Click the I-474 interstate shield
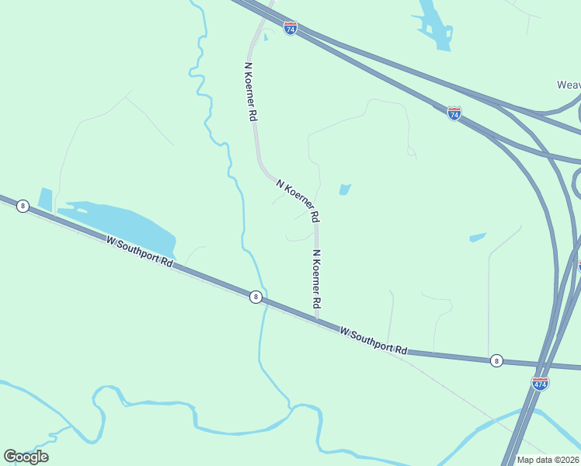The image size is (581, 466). [x=540, y=383]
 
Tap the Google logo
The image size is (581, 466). [x=26, y=456]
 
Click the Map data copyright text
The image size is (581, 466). [x=548, y=460]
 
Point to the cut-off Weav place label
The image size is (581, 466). [x=569, y=85]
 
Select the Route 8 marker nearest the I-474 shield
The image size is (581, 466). [x=496, y=360]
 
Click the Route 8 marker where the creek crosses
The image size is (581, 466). [x=255, y=297]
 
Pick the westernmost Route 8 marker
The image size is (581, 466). [x=23, y=206]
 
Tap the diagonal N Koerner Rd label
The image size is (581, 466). [x=297, y=198]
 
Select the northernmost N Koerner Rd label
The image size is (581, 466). [x=250, y=92]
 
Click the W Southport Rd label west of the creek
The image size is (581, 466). [x=140, y=252]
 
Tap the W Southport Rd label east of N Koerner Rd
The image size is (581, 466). [x=374, y=341]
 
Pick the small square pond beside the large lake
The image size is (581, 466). [x=45, y=199]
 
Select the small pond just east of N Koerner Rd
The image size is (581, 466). [x=344, y=189]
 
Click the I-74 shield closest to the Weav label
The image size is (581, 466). [x=454, y=113]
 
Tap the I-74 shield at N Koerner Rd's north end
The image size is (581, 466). [x=290, y=29]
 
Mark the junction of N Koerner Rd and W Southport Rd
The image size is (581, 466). [x=317, y=318]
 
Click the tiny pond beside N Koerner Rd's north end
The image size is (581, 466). [x=266, y=37]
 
